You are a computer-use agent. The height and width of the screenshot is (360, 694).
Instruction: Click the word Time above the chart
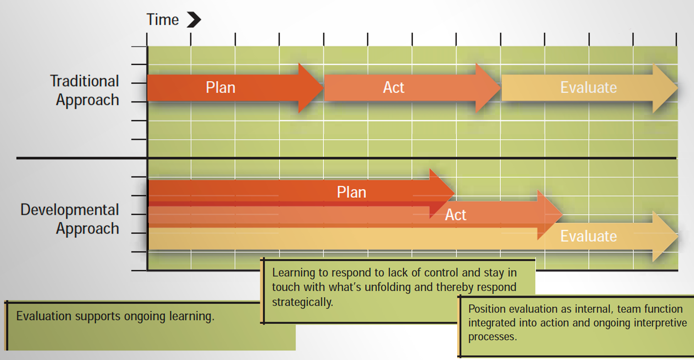pyautogui.click(x=162, y=20)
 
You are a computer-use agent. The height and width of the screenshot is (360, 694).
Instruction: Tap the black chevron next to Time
pyautogui.click(x=194, y=20)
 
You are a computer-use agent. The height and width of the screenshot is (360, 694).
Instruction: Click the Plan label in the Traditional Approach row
pyautogui.click(x=221, y=87)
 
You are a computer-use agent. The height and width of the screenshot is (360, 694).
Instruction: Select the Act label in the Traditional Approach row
pyautogui.click(x=393, y=87)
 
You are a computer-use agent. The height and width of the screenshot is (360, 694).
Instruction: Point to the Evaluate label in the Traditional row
pyautogui.click(x=588, y=87)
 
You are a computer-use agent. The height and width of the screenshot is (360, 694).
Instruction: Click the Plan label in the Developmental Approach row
pyautogui.click(x=352, y=192)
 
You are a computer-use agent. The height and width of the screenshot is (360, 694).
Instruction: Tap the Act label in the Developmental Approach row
pyautogui.click(x=456, y=215)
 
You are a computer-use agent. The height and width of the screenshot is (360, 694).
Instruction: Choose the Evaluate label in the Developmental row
pyautogui.click(x=588, y=236)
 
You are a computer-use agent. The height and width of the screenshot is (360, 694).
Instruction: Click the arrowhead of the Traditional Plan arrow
pyautogui.click(x=310, y=88)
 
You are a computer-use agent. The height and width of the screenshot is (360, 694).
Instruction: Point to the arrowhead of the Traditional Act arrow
pyautogui.click(x=488, y=88)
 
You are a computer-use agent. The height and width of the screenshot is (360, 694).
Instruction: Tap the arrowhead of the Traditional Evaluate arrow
pyautogui.click(x=665, y=88)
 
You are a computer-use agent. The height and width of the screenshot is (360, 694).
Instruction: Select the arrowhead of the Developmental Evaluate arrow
pyautogui.click(x=665, y=236)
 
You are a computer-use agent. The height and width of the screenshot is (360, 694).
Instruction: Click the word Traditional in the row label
pyautogui.click(x=84, y=81)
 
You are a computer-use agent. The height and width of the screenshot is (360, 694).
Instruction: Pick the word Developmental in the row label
pyautogui.click(x=69, y=210)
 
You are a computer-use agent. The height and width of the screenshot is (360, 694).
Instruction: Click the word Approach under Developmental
pyautogui.click(x=88, y=229)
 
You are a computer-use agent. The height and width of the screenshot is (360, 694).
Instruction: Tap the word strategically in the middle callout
pyautogui.click(x=303, y=302)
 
